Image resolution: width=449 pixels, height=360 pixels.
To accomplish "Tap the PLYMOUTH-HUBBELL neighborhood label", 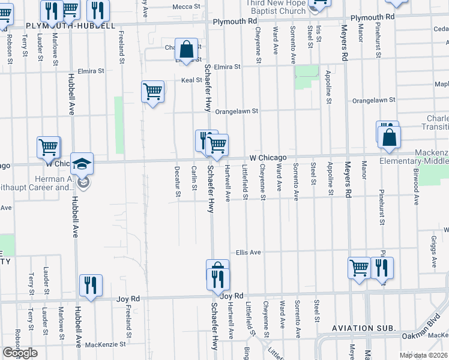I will tap(71, 27).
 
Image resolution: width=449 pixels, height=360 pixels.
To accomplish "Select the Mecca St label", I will tap(185, 6).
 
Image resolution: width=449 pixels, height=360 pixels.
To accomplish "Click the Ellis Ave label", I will tap(248, 253).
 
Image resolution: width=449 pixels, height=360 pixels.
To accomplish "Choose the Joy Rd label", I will tap(231, 296).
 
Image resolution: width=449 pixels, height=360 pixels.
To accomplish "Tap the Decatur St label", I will tap(178, 181).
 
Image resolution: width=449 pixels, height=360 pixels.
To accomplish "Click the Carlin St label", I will tap(194, 179).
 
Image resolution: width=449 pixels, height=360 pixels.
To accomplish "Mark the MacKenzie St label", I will tap(105, 344).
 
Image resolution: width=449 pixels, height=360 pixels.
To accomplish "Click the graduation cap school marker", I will tap(82, 163).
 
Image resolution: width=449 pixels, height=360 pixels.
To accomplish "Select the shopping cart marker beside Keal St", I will tap(153, 92).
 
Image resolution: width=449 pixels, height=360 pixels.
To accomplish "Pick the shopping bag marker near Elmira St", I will tap(187, 49).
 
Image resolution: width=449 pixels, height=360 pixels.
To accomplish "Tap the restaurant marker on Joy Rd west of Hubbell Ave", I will tap(91, 285).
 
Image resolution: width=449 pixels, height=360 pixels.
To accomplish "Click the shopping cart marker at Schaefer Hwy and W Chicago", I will tap(217, 145).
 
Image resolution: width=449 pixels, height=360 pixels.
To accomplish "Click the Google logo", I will tap(20, 353).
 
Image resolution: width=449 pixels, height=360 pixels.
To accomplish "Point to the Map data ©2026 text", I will tap(423, 355).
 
